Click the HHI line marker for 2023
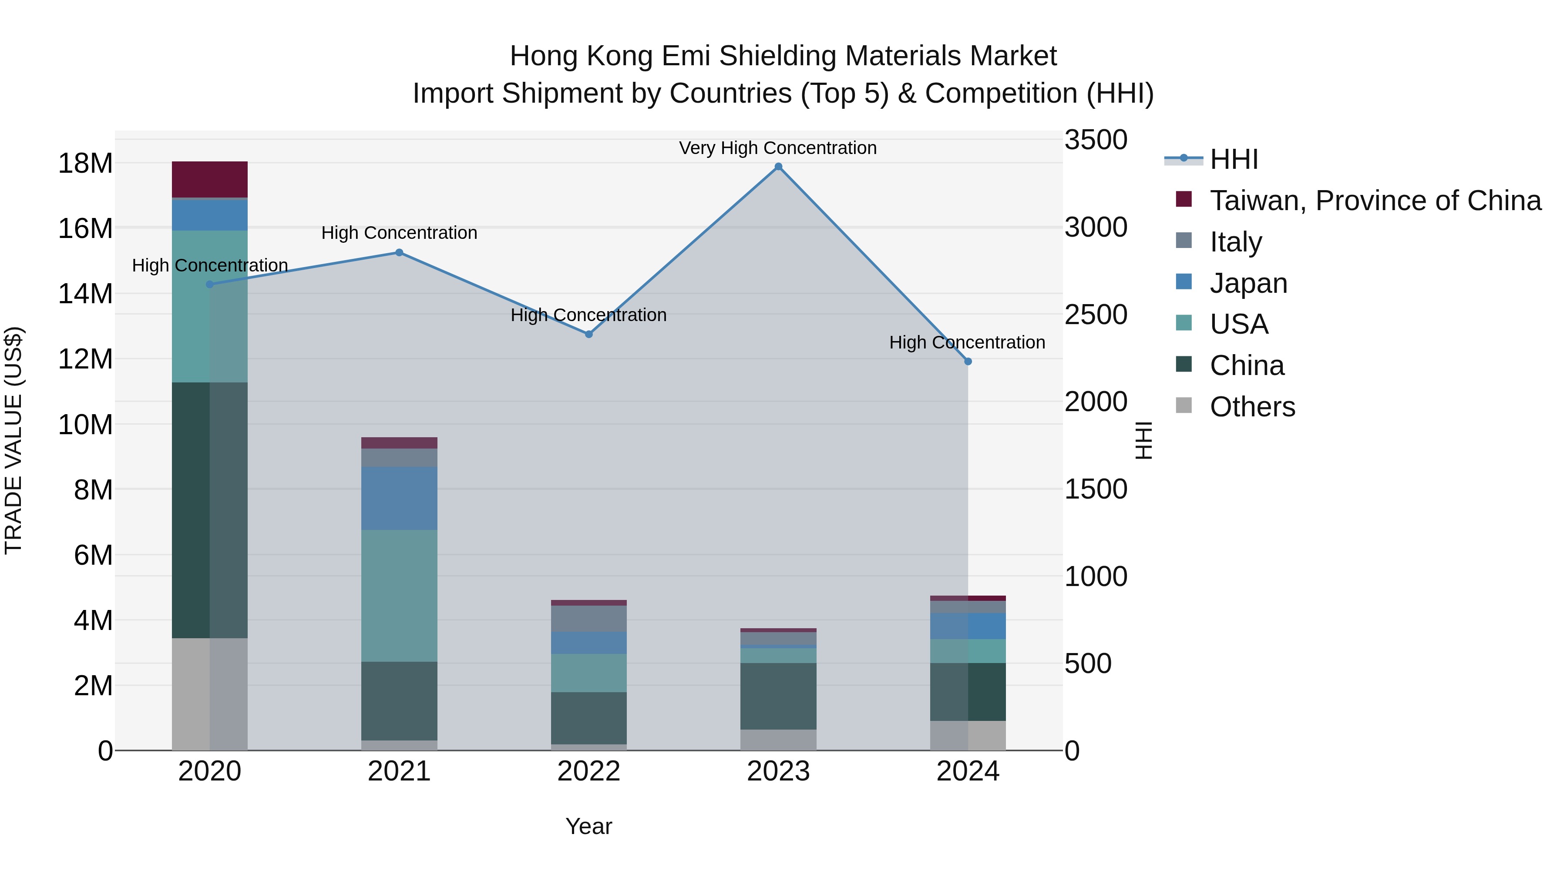(x=778, y=167)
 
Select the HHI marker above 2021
(x=399, y=252)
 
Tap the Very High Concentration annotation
(x=777, y=148)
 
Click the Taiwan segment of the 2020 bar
(x=210, y=179)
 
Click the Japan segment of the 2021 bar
(x=399, y=498)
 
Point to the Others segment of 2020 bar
(x=210, y=694)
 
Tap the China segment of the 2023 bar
(x=778, y=696)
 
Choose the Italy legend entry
(x=1235, y=242)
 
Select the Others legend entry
(x=1252, y=407)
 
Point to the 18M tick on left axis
(x=85, y=164)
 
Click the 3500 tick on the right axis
(x=1096, y=140)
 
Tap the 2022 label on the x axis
(x=588, y=771)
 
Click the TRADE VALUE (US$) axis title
(x=13, y=440)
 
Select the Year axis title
(x=588, y=826)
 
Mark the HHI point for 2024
(x=968, y=361)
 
